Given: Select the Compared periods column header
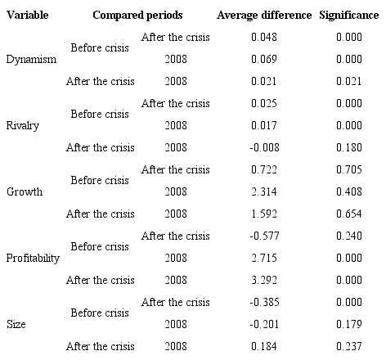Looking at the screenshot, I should (x=137, y=16).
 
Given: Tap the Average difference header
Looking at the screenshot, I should (x=264, y=16).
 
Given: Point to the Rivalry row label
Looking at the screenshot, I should (x=22, y=126).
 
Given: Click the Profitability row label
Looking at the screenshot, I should (x=33, y=259).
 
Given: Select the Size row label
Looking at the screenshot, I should (x=16, y=325).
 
